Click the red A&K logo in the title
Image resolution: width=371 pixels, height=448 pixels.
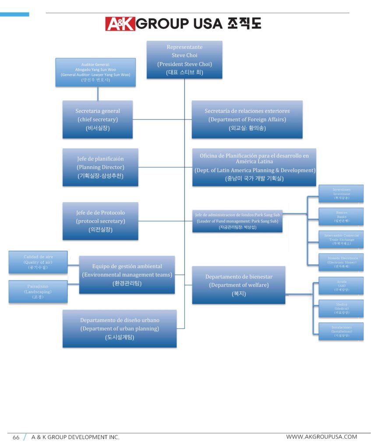(x=120, y=23)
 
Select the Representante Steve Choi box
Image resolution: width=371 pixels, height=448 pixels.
(x=184, y=59)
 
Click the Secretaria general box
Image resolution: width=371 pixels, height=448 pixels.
(x=98, y=119)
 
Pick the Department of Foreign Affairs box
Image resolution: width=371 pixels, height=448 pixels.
(x=247, y=119)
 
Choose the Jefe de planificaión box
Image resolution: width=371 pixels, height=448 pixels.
(x=100, y=167)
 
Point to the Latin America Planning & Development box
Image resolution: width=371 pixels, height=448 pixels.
(x=254, y=167)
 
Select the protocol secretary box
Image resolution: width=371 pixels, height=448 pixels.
(x=100, y=221)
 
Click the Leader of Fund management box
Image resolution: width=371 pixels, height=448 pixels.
(x=237, y=221)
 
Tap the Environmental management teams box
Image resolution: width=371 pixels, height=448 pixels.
(x=127, y=274)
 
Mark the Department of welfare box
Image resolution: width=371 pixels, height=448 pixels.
(x=239, y=285)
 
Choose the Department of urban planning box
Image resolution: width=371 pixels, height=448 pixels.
(x=120, y=329)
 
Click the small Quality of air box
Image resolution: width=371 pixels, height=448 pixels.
(x=38, y=262)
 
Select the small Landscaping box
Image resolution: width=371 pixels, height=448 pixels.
(x=38, y=291)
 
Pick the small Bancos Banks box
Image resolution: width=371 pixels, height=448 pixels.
(x=342, y=217)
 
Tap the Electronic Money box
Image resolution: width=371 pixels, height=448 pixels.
(x=342, y=262)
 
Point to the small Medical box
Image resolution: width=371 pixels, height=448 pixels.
(x=342, y=308)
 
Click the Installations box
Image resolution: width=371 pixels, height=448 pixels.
(x=342, y=331)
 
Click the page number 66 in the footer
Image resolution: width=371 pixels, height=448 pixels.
(x=16, y=437)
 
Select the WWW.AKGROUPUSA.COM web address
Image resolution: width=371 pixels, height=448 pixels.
(x=322, y=437)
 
